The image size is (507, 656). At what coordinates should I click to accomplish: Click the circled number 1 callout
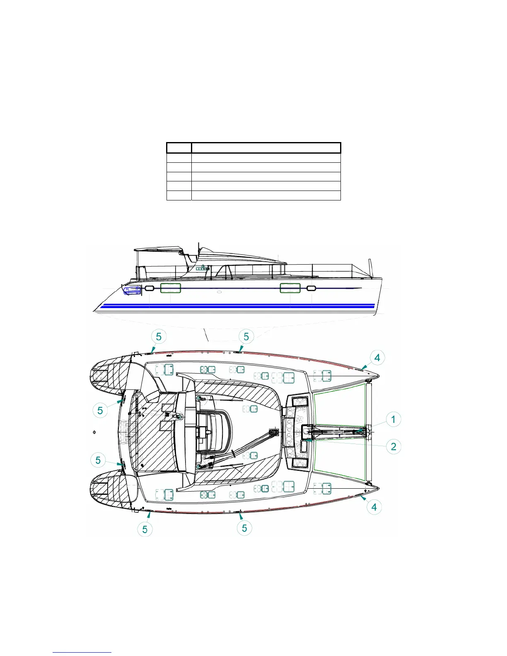pos(393,420)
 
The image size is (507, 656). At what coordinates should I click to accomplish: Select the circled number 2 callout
pos(393,446)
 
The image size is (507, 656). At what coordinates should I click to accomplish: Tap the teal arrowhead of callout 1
pos(362,431)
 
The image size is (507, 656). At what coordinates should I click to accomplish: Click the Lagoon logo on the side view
pos(203,268)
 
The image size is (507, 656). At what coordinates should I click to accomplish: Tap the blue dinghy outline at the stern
pos(132,289)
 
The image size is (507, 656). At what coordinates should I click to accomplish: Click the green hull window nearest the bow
pos(290,288)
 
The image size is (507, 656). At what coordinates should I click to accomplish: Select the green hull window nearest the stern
pos(170,288)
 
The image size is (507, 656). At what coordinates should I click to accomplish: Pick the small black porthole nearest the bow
pos(311,288)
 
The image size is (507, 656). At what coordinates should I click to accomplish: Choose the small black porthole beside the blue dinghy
pos(149,288)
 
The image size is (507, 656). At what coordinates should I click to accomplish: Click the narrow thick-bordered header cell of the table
pos(179,147)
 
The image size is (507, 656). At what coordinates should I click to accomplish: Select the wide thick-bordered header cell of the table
pos(266,147)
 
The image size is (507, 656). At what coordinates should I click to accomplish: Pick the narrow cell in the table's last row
pos(179,195)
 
